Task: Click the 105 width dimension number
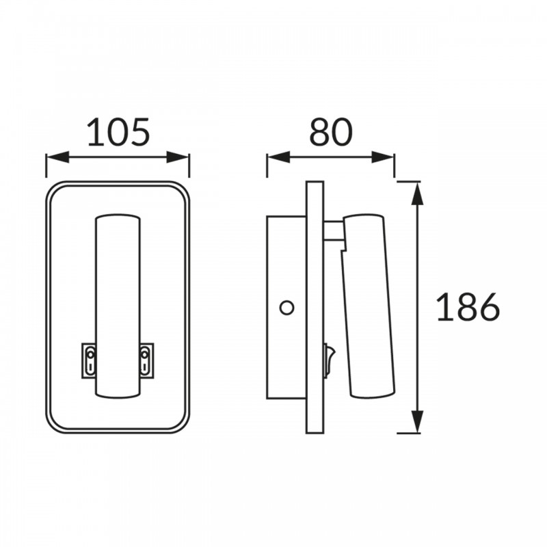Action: click(x=118, y=132)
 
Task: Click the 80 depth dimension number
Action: click(x=331, y=132)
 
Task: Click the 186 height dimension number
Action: click(x=468, y=307)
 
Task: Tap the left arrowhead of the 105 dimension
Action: click(x=57, y=157)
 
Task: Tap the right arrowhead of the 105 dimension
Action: click(x=178, y=157)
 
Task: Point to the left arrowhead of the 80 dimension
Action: click(x=278, y=157)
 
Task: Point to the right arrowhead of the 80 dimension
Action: click(x=383, y=157)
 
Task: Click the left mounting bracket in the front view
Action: click(x=89, y=360)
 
